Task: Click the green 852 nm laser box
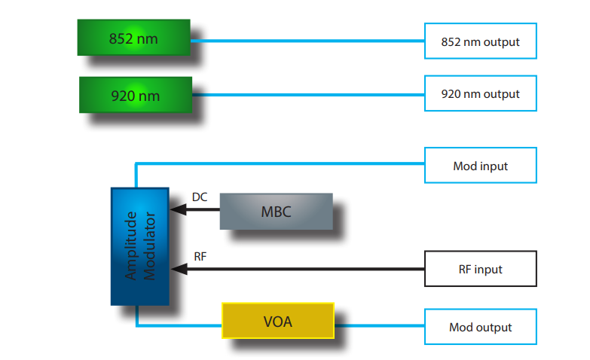tap(133, 38)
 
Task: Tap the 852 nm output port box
tap(480, 41)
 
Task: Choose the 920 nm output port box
tap(480, 94)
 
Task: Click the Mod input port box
tap(480, 166)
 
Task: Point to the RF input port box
tap(480, 269)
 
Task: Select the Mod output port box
tap(480, 327)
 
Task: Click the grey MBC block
tap(276, 212)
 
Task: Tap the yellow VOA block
tap(277, 322)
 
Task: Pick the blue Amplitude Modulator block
tap(139, 246)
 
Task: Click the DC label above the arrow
tap(200, 197)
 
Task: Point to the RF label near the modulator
tap(200, 256)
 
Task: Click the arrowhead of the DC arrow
tap(176, 210)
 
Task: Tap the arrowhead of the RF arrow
tap(176, 268)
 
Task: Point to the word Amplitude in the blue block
tap(132, 246)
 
